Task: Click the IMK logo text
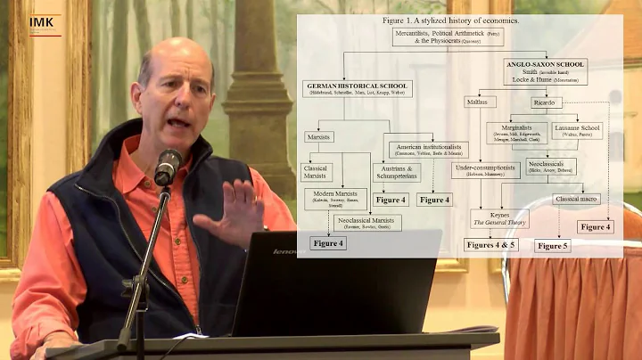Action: coord(41,21)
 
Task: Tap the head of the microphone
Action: coord(167,166)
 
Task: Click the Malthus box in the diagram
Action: coord(480,102)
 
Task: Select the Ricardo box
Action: coord(546,102)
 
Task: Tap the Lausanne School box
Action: coord(577,131)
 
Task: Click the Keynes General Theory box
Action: coord(499,217)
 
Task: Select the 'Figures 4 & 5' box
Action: coord(490,245)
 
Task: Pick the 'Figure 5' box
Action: coord(553,246)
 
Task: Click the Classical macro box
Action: coord(576,199)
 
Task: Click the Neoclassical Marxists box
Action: coord(367,222)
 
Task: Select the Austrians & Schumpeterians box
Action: coord(396,172)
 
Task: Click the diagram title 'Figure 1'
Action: coord(454,20)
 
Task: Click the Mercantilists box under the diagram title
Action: coord(448,37)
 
